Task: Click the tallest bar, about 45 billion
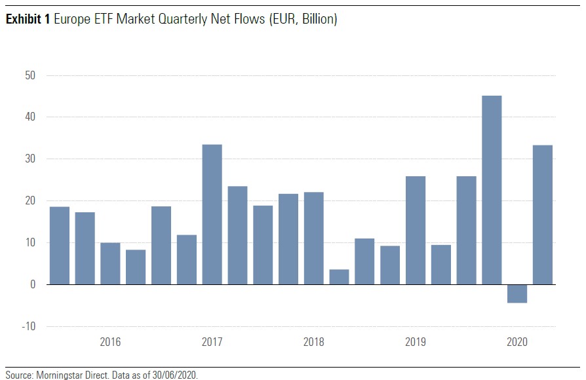pos(492,190)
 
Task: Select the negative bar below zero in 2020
pos(517,294)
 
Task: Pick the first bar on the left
pos(60,246)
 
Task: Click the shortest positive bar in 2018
pos(339,277)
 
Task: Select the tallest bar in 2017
pos(212,214)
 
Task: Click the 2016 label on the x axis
pos(110,342)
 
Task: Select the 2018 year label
pos(313,342)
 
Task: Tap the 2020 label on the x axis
pos(517,342)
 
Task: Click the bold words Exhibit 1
pos(28,20)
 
